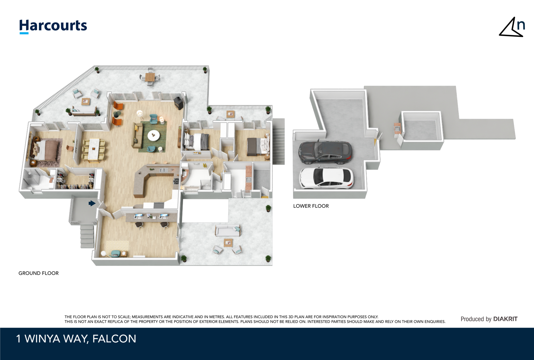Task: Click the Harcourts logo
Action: click(x=53, y=26)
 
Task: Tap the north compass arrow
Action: click(x=512, y=27)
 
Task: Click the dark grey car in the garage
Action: click(x=325, y=153)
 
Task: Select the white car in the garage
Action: click(x=326, y=178)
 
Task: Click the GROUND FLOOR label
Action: click(x=39, y=273)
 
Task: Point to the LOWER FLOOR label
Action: click(x=311, y=206)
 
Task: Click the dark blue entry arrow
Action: click(x=92, y=203)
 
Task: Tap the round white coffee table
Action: click(x=154, y=135)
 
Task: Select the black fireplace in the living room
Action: click(x=179, y=103)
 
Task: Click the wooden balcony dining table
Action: click(x=150, y=77)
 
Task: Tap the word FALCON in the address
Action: click(x=114, y=339)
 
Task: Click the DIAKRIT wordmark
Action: click(x=505, y=319)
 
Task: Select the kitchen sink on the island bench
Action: click(x=164, y=170)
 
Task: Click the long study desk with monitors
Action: click(x=151, y=217)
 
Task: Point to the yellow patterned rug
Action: click(x=117, y=247)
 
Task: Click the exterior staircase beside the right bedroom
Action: click(x=278, y=141)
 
